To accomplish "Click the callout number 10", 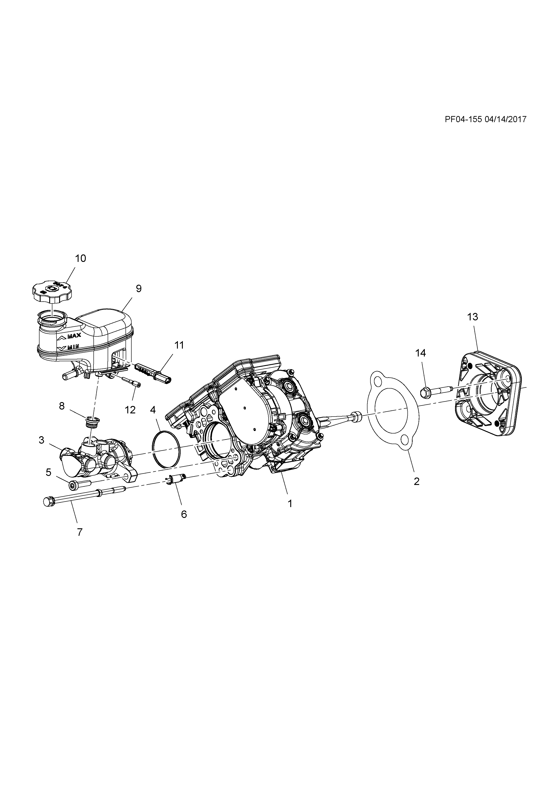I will click(80, 258).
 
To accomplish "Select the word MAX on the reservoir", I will click(74, 336).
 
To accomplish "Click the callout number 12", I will click(130, 410).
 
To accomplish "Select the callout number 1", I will click(290, 504).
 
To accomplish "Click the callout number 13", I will click(473, 317).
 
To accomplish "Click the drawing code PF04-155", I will click(463, 119).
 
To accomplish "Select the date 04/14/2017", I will click(506, 119).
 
